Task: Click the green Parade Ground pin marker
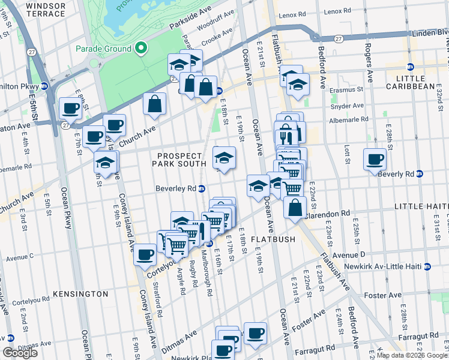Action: pyautogui.click(x=141, y=48)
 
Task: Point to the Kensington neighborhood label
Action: pyautogui.click(x=80, y=294)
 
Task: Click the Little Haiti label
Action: pyautogui.click(x=421, y=206)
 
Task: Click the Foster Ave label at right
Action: pyautogui.click(x=385, y=295)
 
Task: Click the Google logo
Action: pyautogui.click(x=20, y=353)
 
